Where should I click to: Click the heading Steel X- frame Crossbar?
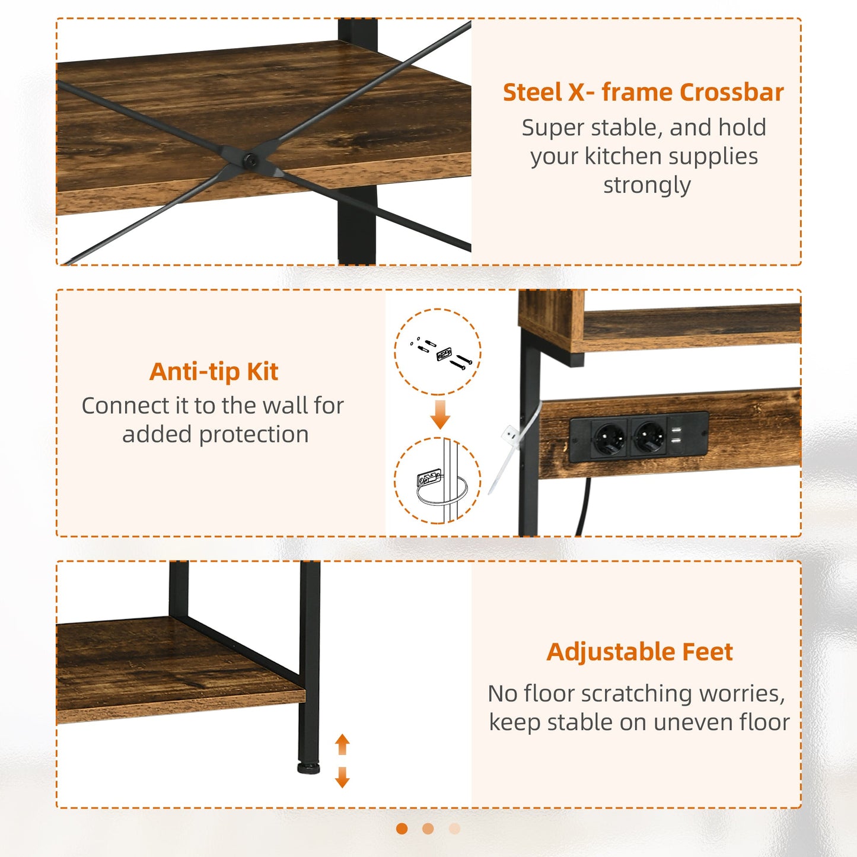coord(643,93)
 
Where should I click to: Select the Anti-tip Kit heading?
coord(214,372)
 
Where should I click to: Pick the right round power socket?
coord(649,438)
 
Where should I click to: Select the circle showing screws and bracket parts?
coord(438,352)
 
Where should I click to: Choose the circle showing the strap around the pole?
coord(438,481)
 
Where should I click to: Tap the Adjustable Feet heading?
coord(639,652)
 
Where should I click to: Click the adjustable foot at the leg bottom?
coord(308,768)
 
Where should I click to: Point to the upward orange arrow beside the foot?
coord(342,744)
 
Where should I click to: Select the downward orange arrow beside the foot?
coord(342,777)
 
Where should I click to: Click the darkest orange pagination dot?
coord(402,829)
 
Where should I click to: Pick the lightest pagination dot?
coord(454,829)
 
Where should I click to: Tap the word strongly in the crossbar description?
coord(646,186)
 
